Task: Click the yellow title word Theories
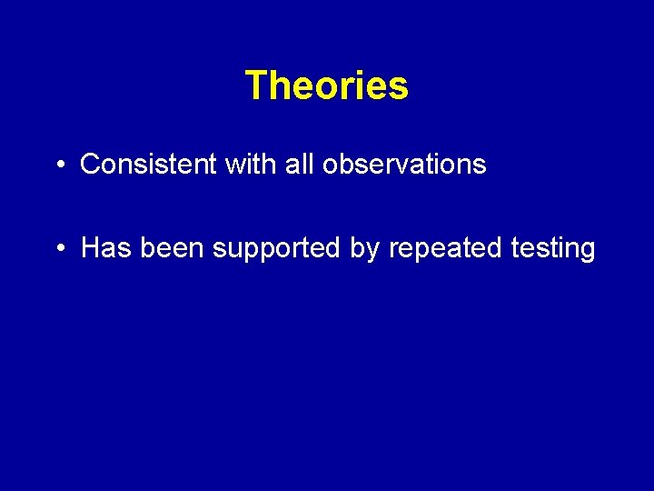point(327,86)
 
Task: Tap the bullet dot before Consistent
point(58,165)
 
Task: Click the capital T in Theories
point(255,86)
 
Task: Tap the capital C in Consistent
point(90,165)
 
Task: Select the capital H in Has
point(91,248)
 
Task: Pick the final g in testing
point(587,252)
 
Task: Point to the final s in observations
point(481,166)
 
